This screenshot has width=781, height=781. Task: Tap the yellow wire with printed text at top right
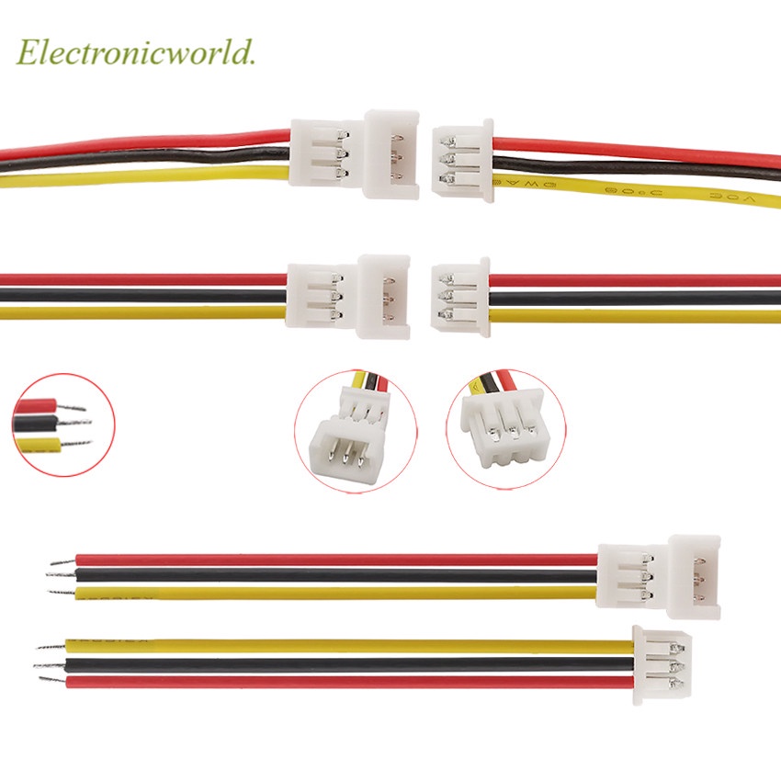(x=643, y=188)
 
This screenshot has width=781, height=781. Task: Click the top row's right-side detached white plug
(x=462, y=158)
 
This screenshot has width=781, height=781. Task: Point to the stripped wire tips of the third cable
(x=61, y=574)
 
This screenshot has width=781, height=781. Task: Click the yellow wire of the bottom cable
(x=349, y=646)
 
